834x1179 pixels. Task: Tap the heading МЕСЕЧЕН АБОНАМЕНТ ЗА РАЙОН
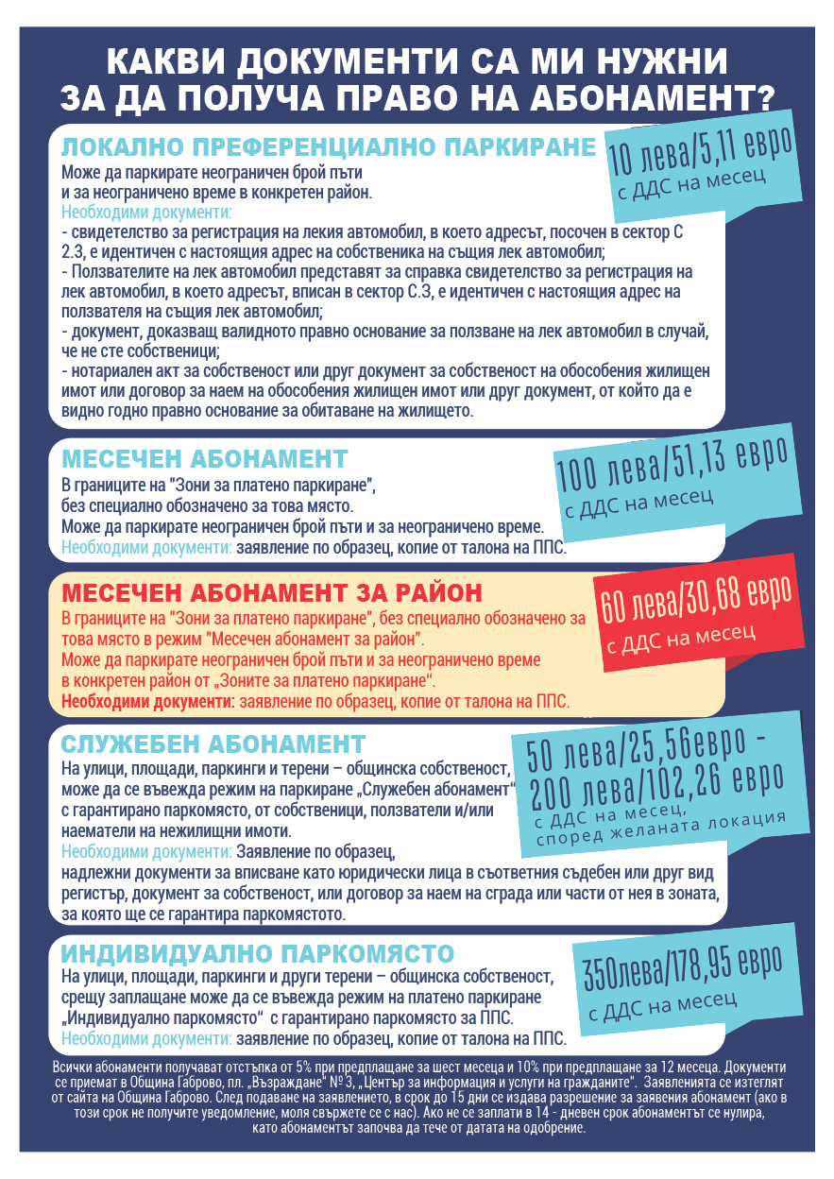coord(272,593)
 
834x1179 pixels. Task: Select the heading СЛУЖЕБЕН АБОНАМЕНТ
coord(213,743)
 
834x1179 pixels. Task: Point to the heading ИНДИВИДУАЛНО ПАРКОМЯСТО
coord(258,951)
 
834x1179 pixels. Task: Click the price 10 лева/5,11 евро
coord(698,152)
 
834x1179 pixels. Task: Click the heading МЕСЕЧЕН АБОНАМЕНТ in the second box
coord(205,460)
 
